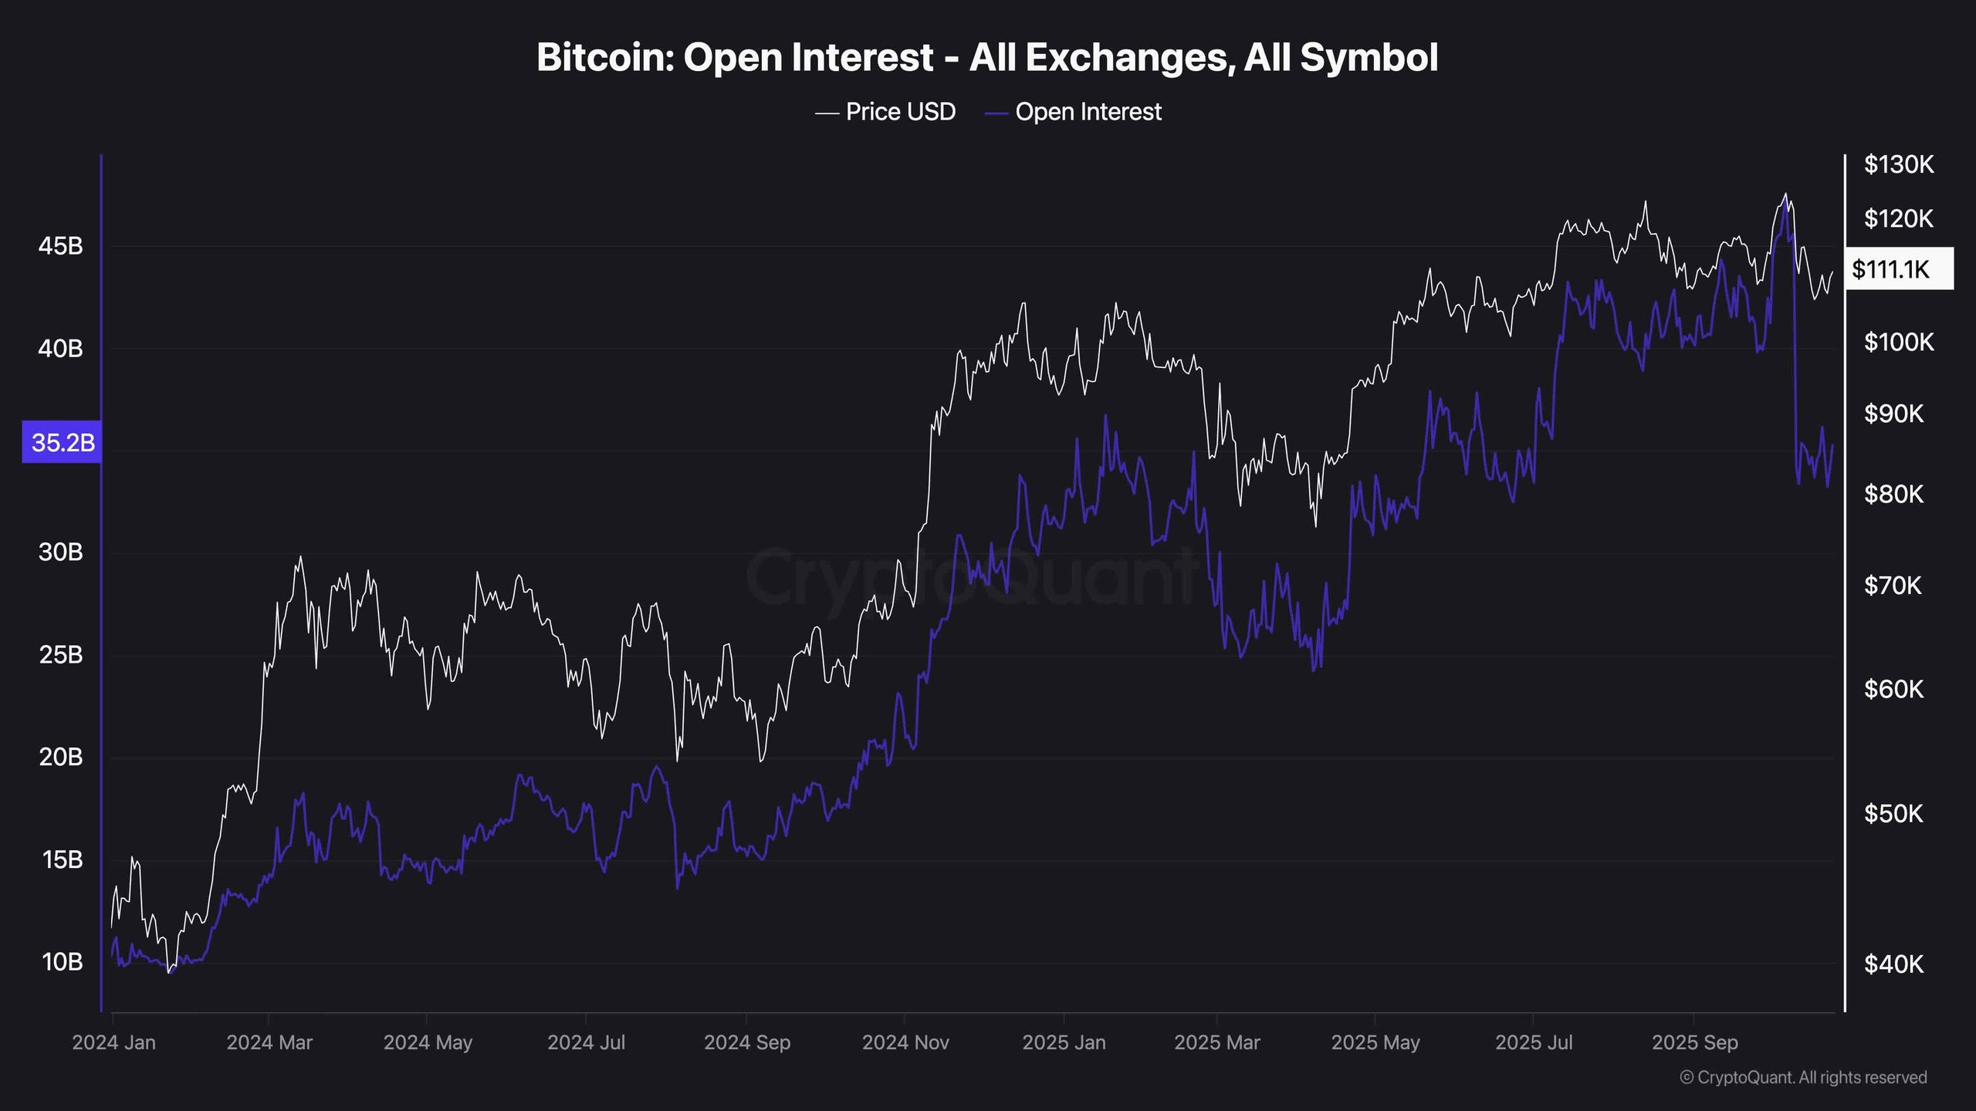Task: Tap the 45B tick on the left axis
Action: [x=60, y=246]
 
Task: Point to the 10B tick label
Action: [x=62, y=962]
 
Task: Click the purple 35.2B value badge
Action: [x=63, y=442]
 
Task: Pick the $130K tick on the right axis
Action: [x=1899, y=164]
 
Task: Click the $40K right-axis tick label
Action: [x=1893, y=964]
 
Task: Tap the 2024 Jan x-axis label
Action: [x=113, y=1042]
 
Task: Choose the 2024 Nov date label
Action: [x=905, y=1042]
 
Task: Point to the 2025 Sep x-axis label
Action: [x=1694, y=1042]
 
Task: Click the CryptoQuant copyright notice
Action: [x=1803, y=1078]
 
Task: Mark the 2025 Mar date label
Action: [x=1216, y=1042]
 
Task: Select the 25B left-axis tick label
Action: [x=60, y=655]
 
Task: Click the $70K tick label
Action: [x=1893, y=586]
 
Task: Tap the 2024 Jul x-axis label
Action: [x=586, y=1042]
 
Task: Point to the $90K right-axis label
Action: [x=1893, y=414]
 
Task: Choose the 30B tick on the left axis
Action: [x=60, y=552]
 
